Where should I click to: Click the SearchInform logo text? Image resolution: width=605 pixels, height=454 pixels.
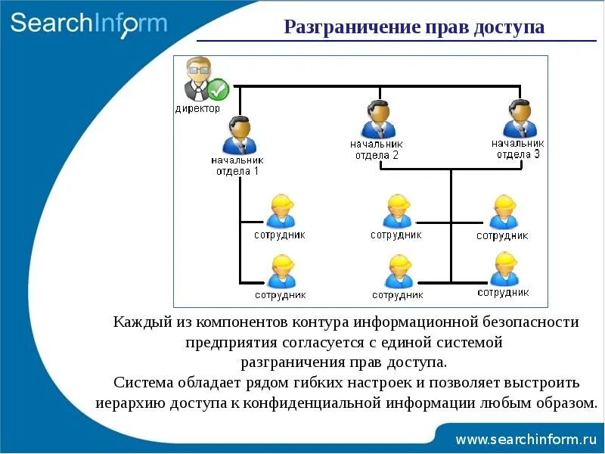pyautogui.click(x=88, y=23)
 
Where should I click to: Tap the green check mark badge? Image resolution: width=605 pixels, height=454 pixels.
pyautogui.click(x=218, y=90)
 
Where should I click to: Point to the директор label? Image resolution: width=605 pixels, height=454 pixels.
pyautogui.click(x=197, y=108)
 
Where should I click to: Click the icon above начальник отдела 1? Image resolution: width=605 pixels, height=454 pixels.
pyautogui.click(x=240, y=135)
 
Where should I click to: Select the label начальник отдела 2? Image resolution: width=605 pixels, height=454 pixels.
pyautogui.click(x=376, y=149)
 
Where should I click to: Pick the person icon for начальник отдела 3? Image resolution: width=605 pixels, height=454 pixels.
pyautogui.click(x=520, y=119)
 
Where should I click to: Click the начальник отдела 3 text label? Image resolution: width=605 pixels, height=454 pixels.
pyautogui.click(x=518, y=148)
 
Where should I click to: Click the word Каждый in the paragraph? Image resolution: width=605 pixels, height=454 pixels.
pyautogui.click(x=143, y=322)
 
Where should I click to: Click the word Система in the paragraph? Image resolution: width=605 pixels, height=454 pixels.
pyautogui.click(x=141, y=382)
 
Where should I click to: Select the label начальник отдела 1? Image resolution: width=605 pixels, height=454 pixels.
pyautogui.click(x=237, y=165)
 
